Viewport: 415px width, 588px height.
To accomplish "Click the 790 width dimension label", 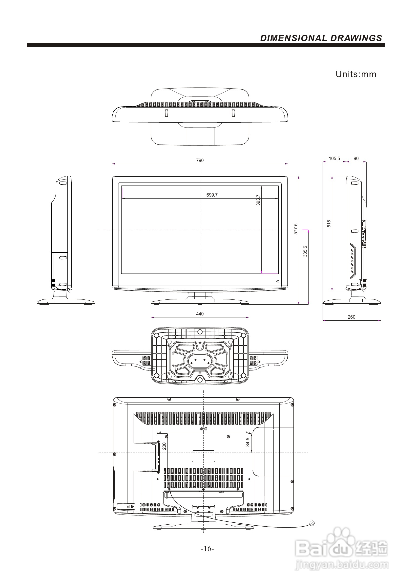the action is point(200,160).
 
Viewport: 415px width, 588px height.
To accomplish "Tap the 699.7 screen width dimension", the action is point(212,195).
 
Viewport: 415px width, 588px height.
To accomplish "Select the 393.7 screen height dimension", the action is point(258,200).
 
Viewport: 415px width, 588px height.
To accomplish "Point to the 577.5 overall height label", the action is point(296,229).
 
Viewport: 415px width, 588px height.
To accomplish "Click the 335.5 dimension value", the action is point(305,251).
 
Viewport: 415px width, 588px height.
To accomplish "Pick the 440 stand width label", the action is point(200,314).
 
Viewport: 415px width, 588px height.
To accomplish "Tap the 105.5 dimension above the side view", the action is point(334,158).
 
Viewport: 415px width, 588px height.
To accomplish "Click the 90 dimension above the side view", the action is point(356,158).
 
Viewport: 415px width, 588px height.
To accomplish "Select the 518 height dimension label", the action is point(329,223).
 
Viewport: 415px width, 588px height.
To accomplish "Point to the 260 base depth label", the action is point(351,317).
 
